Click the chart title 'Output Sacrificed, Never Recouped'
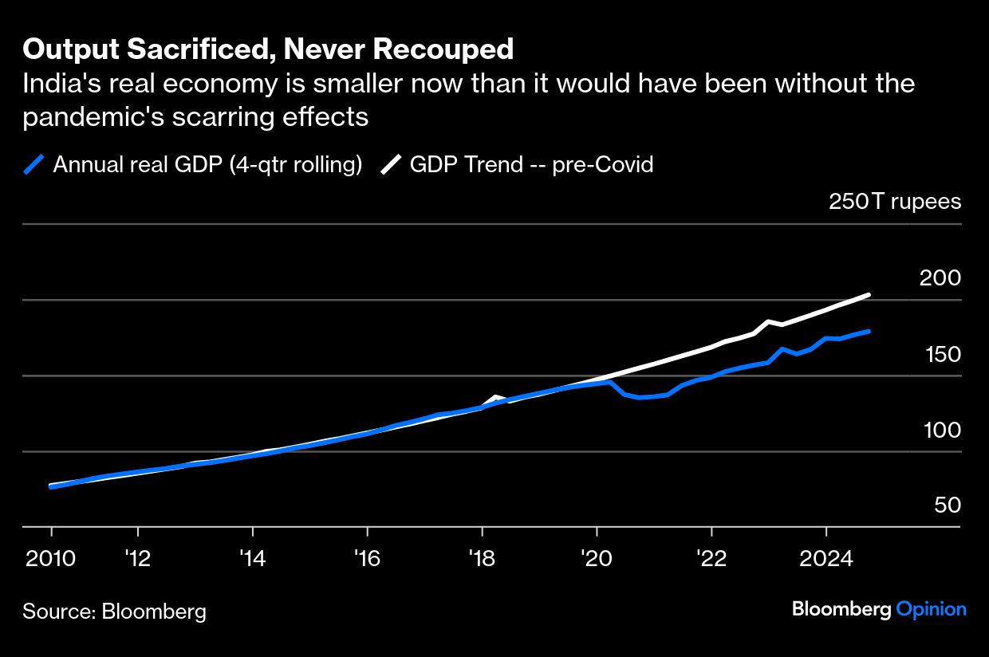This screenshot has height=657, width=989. click(x=268, y=49)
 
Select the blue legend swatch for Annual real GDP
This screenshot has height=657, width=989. click(x=33, y=165)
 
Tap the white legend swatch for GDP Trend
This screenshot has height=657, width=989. click(x=391, y=165)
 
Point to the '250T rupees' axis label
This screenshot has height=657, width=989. click(x=895, y=202)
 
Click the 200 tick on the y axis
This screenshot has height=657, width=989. click(x=940, y=278)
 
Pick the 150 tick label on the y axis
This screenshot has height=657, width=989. click(x=940, y=354)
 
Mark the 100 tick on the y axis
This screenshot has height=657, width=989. click(x=940, y=430)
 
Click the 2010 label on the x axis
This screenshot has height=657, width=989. click(x=51, y=557)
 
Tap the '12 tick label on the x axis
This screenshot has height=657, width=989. click(x=137, y=557)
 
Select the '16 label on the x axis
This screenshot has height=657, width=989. click(x=367, y=557)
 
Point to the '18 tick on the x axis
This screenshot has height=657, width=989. click(x=482, y=557)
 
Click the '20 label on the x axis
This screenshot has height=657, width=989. click(x=597, y=557)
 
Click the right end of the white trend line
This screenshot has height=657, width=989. click(x=868, y=295)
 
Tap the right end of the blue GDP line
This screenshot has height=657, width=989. click(x=868, y=331)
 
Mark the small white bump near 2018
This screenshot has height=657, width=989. click(x=495, y=397)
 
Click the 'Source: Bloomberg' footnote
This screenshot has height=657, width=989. click(x=114, y=612)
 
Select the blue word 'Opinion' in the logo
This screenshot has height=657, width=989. click(x=931, y=609)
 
